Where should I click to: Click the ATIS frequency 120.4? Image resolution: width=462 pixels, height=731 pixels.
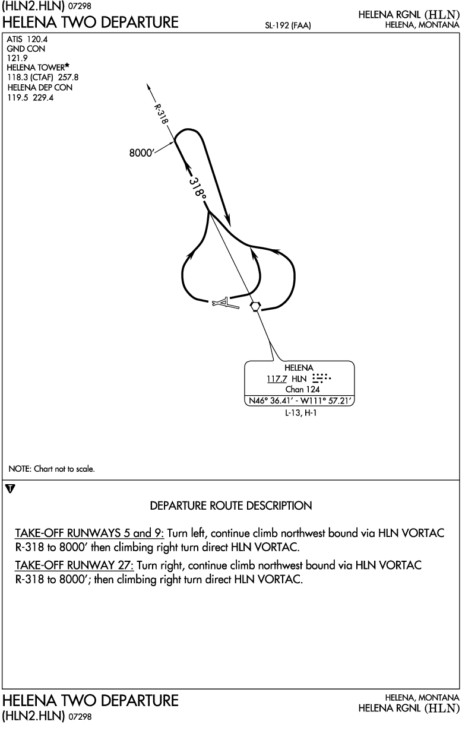pyautogui.click(x=37, y=39)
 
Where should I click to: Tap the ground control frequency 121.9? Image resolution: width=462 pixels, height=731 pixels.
pyautogui.click(x=17, y=58)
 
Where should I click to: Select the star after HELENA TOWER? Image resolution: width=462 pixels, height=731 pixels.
pyautogui.click(x=67, y=66)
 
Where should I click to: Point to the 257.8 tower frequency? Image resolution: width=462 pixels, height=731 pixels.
pyautogui.click(x=68, y=77)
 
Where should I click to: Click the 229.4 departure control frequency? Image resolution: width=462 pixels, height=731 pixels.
pyautogui.click(x=43, y=97)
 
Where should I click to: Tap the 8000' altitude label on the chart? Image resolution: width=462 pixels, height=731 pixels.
pyautogui.click(x=141, y=152)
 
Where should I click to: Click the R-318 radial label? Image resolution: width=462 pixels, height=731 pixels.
pyautogui.click(x=161, y=113)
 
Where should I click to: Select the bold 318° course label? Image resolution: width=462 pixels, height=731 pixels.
pyautogui.click(x=198, y=187)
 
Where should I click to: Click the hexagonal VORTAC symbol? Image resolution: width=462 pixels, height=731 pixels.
pyautogui.click(x=255, y=306)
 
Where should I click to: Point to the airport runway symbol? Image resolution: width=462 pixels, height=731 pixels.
pyautogui.click(x=226, y=303)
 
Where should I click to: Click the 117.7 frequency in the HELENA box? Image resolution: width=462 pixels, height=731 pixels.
pyautogui.click(x=277, y=379)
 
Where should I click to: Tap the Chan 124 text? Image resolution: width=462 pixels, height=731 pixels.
pyautogui.click(x=302, y=389)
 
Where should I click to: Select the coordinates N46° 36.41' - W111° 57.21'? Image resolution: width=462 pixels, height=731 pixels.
pyautogui.click(x=299, y=401)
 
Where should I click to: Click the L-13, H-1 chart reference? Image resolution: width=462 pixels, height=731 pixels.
pyautogui.click(x=300, y=413)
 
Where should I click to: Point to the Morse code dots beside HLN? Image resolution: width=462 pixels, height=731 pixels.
pyautogui.click(x=322, y=378)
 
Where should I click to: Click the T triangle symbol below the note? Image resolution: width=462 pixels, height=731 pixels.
pyautogui.click(x=11, y=488)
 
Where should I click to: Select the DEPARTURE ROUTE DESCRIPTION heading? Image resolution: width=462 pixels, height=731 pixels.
pyautogui.click(x=231, y=506)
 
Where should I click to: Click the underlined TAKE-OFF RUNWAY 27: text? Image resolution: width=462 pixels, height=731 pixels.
pyautogui.click(x=74, y=565)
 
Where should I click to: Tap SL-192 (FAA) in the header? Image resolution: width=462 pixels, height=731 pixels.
pyautogui.click(x=287, y=26)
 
